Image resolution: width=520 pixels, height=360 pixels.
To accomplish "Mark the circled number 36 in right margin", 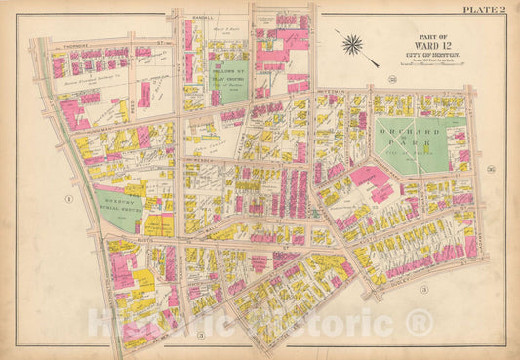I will click(x=492, y=167).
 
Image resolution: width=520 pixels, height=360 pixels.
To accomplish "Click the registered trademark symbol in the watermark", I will click(x=418, y=321).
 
